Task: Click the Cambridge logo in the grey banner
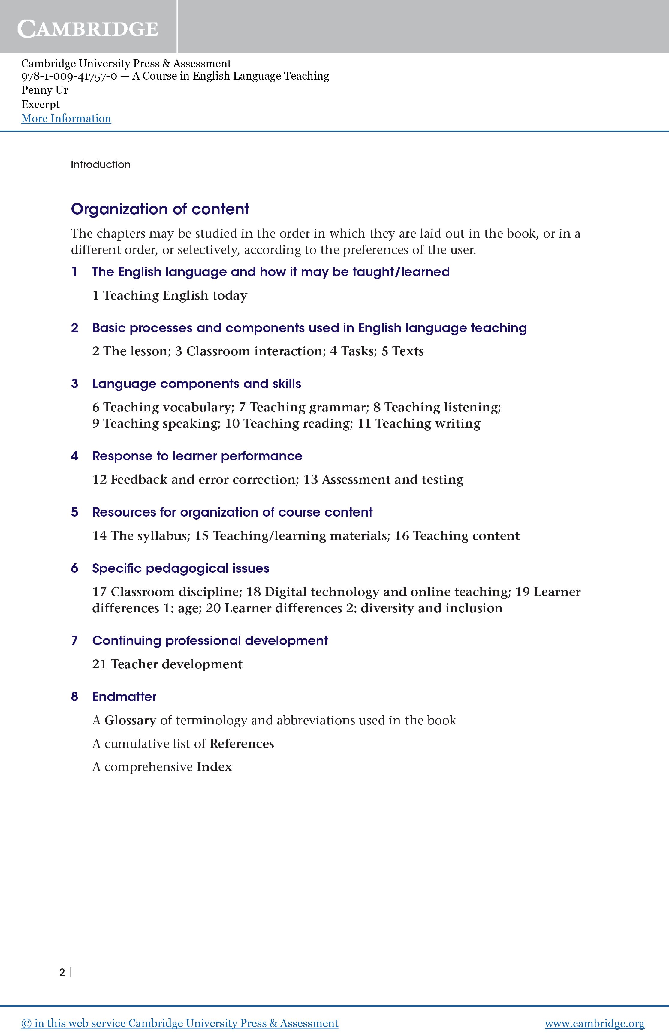pyautogui.click(x=88, y=29)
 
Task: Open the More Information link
pyautogui.click(x=66, y=119)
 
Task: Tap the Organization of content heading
pyautogui.click(x=160, y=209)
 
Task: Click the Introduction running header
pyautogui.click(x=100, y=164)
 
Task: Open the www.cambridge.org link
pyautogui.click(x=594, y=1023)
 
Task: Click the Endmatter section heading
pyautogui.click(x=124, y=697)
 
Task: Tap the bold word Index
pyautogui.click(x=214, y=766)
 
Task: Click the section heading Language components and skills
pyautogui.click(x=196, y=384)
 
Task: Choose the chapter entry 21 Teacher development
pyautogui.click(x=167, y=664)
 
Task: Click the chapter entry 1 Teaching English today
pyautogui.click(x=169, y=295)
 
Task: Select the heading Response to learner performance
pyautogui.click(x=197, y=456)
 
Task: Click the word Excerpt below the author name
pyautogui.click(x=41, y=104)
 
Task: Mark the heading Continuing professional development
pyautogui.click(x=210, y=641)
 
